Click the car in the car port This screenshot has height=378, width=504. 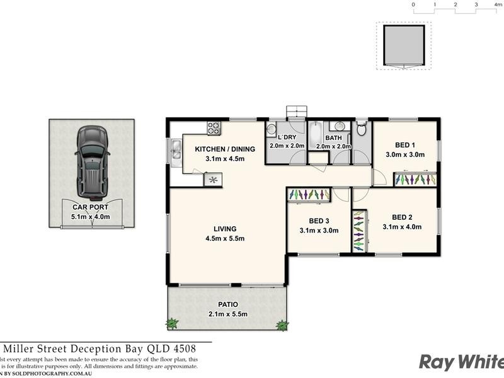92,161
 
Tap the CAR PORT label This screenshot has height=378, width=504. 90,207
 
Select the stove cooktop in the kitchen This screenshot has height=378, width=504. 214,128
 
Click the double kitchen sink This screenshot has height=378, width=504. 174,151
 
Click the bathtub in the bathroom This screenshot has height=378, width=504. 314,134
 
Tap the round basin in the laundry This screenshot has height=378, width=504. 271,129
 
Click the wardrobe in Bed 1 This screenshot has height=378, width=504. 415,180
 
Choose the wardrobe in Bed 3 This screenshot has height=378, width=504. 309,196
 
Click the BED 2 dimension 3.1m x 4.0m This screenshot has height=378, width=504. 402,227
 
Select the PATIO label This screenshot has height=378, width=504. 227,304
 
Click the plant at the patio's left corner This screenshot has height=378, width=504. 172,324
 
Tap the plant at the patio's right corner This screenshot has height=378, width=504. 282,325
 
